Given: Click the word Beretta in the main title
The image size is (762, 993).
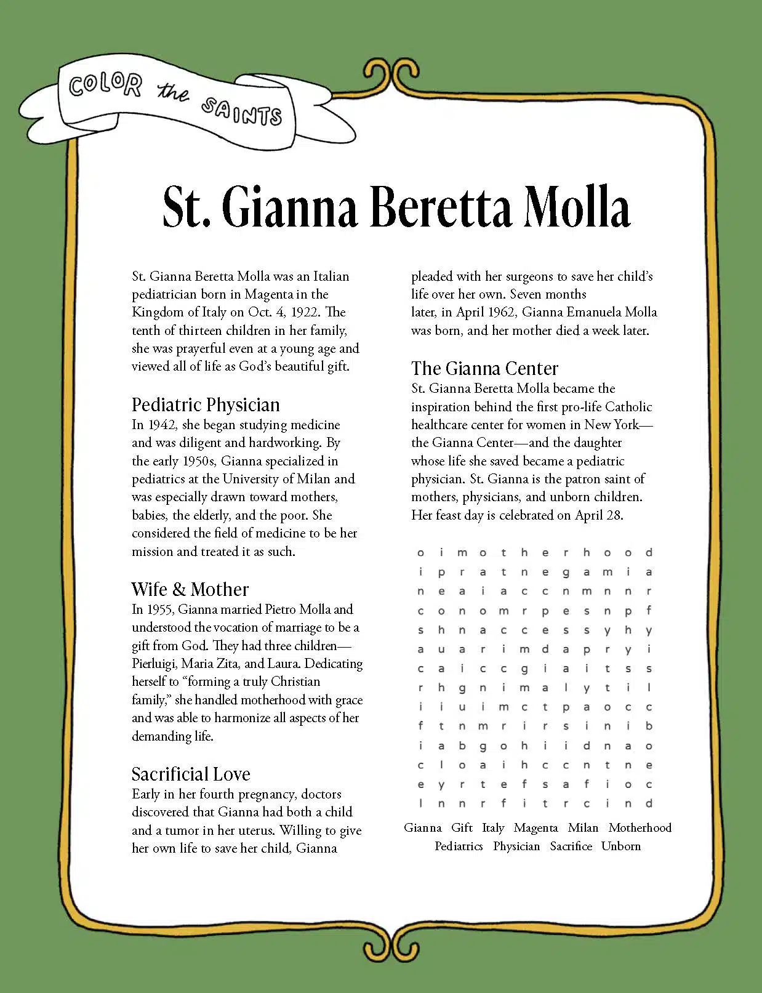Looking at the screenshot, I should (441, 206).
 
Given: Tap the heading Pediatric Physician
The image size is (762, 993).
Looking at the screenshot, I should (206, 404).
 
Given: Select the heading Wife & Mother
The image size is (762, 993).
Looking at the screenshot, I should (190, 589).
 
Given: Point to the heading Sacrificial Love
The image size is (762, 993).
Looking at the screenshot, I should (191, 774).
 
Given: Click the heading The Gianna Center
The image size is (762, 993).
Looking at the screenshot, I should (484, 368).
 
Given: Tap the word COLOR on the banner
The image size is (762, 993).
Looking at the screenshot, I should (105, 86).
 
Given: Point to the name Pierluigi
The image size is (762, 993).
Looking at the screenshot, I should (154, 664).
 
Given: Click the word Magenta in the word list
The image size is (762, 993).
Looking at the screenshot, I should (535, 828).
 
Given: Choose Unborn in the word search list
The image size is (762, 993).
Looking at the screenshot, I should (620, 846).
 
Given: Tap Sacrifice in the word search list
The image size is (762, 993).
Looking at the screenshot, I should (571, 846).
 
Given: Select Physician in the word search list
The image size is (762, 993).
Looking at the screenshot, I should (516, 846).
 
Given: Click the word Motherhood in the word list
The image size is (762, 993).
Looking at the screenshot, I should (640, 828).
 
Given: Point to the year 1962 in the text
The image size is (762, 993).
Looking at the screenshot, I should (500, 312).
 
